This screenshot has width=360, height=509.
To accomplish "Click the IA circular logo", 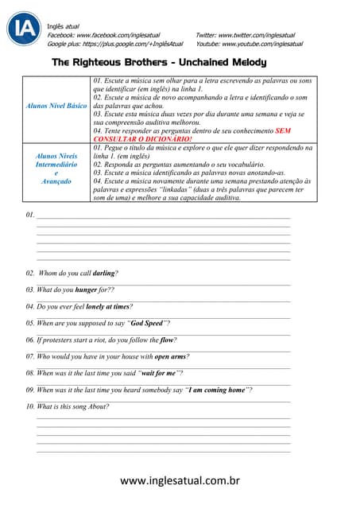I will click(24, 29).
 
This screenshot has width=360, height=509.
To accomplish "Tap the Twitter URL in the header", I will click(250, 36).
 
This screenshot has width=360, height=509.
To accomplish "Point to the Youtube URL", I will click(250, 44).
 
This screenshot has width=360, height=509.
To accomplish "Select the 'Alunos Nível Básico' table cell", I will click(56, 105).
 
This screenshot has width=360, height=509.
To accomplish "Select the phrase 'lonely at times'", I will click(107, 306).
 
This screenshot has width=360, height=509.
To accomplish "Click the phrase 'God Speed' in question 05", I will click(146, 323).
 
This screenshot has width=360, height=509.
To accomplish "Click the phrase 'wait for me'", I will click(161, 373).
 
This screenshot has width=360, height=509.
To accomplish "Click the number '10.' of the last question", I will click(30, 406).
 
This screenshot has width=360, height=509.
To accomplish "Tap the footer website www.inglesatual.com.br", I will click(180, 480).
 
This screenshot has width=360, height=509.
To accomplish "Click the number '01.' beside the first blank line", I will click(30, 216).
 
